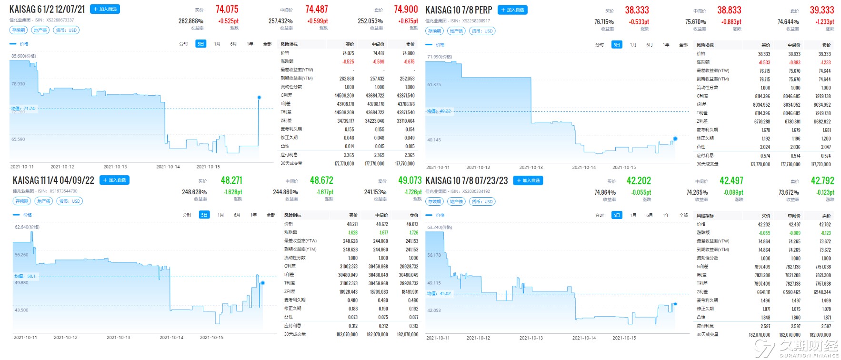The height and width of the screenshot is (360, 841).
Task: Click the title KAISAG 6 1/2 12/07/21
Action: click(47, 10)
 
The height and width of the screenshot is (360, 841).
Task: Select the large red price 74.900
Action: click(406, 10)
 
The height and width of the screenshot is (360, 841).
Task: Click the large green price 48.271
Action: click(231, 180)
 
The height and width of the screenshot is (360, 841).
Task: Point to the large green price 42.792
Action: click(822, 181)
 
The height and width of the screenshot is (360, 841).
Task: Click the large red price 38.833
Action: click(729, 10)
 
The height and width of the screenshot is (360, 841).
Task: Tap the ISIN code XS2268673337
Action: click(60, 20)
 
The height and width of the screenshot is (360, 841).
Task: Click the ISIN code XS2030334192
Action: click(476, 191)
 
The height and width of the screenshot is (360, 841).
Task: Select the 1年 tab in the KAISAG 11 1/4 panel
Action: click(253, 215)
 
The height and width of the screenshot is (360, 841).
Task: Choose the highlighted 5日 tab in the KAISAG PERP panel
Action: click(617, 45)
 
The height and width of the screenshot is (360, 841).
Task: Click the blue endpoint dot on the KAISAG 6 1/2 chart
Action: click(259, 98)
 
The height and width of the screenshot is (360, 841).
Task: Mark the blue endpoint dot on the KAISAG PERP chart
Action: click(675, 139)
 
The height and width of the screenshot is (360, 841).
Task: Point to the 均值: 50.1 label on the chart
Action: click(25, 276)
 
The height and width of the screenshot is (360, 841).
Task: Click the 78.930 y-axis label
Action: click(18, 84)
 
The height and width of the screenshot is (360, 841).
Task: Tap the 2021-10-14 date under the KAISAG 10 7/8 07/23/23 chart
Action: click(584, 338)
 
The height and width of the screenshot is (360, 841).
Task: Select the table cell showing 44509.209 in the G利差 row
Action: click(344, 96)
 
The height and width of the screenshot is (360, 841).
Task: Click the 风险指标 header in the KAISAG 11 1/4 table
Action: click(293, 215)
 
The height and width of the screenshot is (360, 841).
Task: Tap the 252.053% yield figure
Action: click(370, 21)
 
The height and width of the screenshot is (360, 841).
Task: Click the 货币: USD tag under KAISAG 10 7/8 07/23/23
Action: click(482, 201)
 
